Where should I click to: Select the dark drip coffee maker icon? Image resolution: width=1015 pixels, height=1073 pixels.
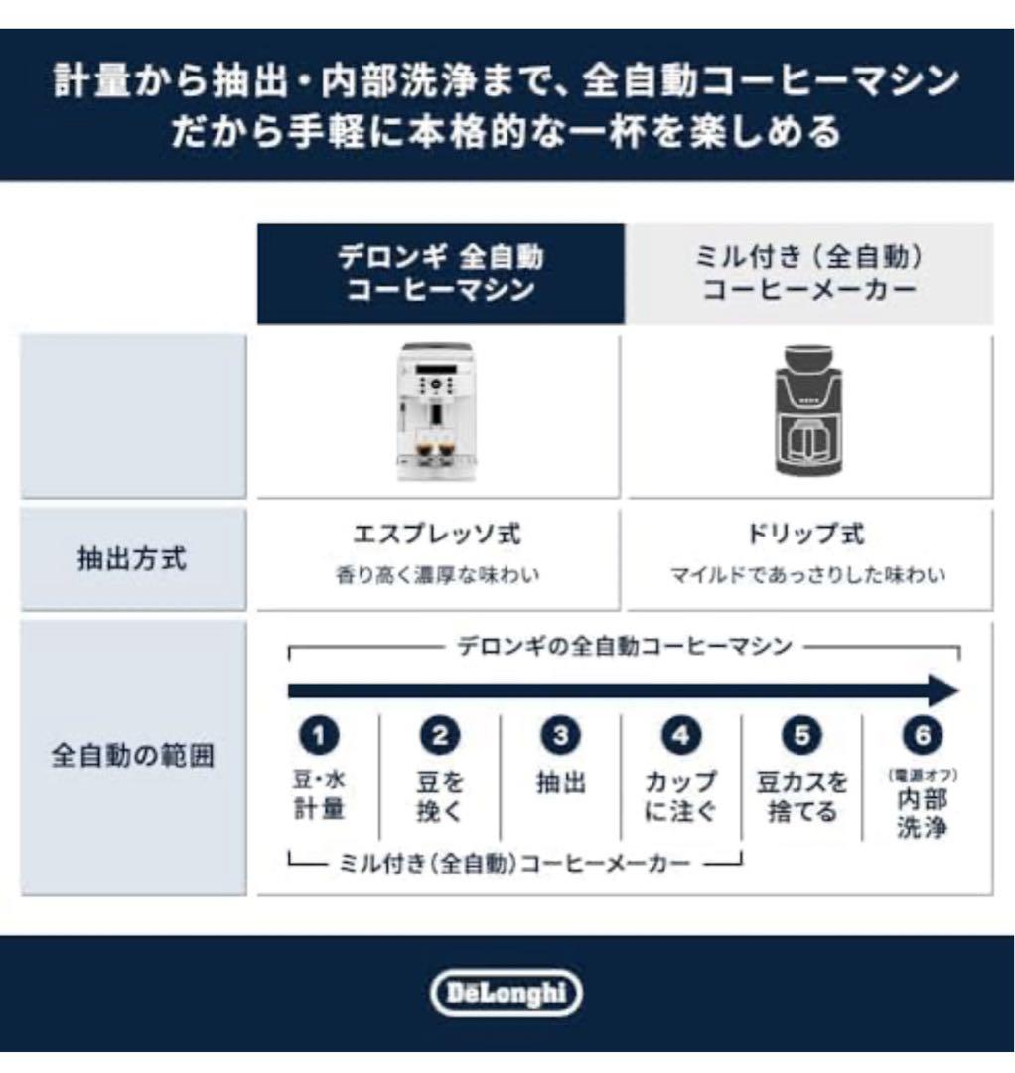coord(808,410)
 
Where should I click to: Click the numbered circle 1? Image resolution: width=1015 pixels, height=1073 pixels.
coord(318,736)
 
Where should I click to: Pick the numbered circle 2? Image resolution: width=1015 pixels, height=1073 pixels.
coord(439,736)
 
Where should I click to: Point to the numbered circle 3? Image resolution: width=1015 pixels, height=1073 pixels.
coord(560,736)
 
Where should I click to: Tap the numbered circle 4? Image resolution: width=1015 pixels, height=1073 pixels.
coord(680,736)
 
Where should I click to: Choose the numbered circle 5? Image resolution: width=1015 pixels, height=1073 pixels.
coord(801,736)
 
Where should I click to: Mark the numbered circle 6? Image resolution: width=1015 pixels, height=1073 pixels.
coord(922,736)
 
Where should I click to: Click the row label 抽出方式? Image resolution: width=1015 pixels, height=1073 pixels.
coord(132,559)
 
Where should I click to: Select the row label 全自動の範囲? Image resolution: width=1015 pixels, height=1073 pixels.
coord(132,757)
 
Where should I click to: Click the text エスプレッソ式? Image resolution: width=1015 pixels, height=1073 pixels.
coord(437,535)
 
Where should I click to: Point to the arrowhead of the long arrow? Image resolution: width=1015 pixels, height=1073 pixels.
coord(943,690)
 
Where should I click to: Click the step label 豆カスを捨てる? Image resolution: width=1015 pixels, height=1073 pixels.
coord(802,797)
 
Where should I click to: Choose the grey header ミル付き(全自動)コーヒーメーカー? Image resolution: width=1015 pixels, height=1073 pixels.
coord(808,273)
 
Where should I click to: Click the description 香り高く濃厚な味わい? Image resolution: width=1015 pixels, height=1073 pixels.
coord(437,576)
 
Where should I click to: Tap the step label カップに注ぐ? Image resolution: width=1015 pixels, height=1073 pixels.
coord(680,797)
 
